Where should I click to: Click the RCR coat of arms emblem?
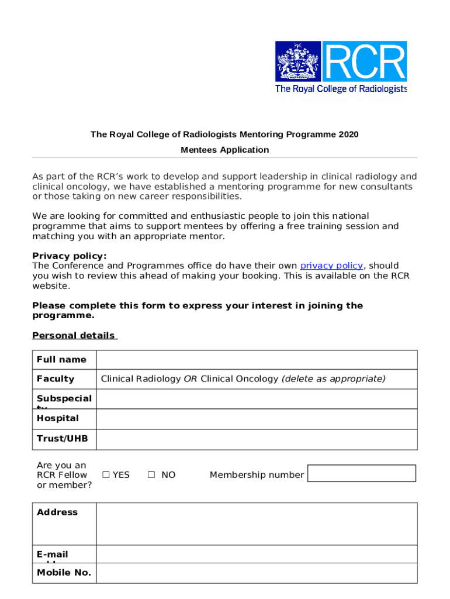click(298, 61)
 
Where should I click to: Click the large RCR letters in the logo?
click(365, 61)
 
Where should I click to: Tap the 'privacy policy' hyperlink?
click(331, 266)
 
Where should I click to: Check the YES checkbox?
click(106, 475)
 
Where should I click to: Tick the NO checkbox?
click(151, 475)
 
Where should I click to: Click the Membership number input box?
click(361, 473)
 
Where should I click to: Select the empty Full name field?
click(257, 360)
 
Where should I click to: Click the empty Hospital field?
click(257, 419)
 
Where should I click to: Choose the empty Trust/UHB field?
click(257, 439)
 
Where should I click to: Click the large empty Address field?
click(257, 524)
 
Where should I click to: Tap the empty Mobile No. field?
click(257, 573)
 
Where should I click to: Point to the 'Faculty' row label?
click(56, 379)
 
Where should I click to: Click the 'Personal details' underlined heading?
click(74, 336)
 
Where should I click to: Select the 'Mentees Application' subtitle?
click(225, 150)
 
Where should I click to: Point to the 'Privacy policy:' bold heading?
click(70, 256)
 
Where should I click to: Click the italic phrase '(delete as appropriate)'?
click(334, 379)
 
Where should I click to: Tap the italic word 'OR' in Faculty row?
click(191, 379)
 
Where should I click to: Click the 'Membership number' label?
click(257, 475)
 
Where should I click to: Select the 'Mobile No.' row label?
click(64, 573)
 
